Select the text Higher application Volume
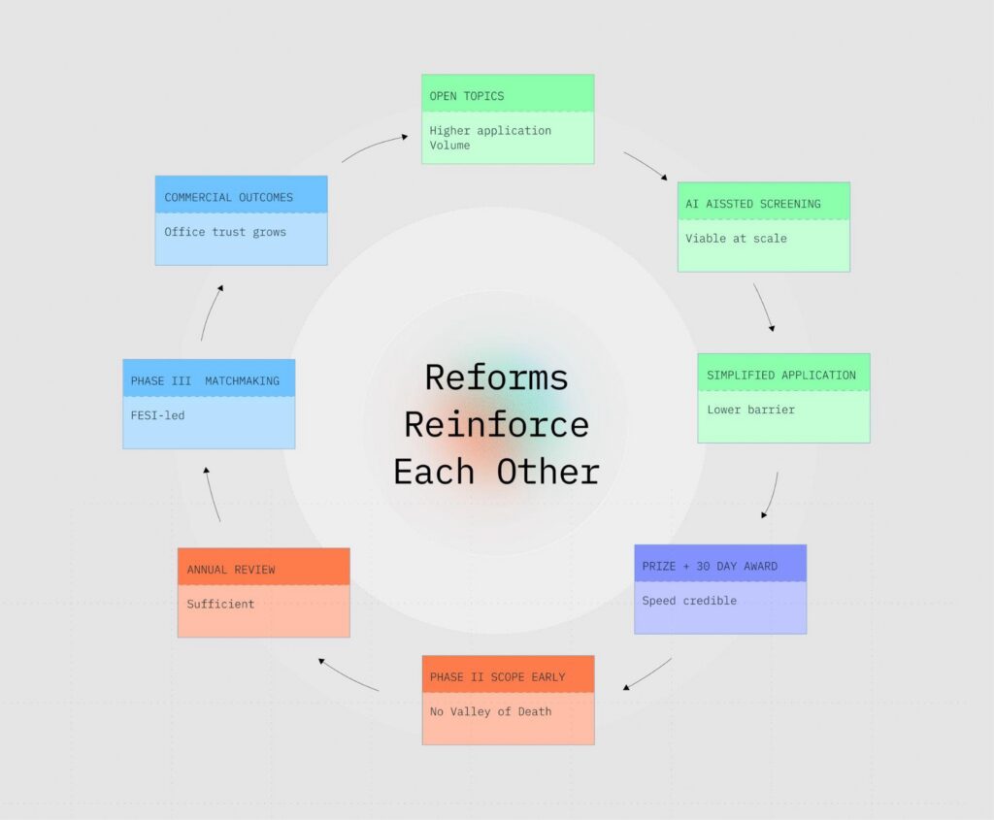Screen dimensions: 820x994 [x=490, y=138]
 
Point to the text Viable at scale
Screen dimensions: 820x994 [x=736, y=239]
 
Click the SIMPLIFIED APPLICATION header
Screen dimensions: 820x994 [x=782, y=374]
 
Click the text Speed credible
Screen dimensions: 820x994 [x=689, y=601]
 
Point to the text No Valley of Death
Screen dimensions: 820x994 [x=490, y=711]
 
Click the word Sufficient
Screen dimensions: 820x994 [x=220, y=604]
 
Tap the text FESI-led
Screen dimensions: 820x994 [x=157, y=415]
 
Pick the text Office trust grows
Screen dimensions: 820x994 [x=225, y=232]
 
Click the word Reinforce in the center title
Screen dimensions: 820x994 [x=496, y=425]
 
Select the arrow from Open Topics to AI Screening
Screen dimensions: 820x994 [x=646, y=165]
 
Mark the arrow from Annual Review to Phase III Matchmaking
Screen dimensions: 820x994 [x=211, y=494]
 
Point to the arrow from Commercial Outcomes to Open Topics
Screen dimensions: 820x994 [x=375, y=146]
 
